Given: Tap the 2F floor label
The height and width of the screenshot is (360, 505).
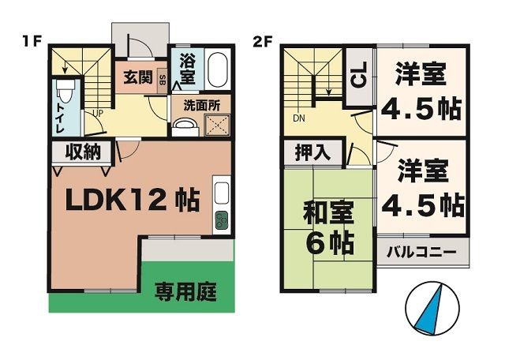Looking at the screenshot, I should pos(263,41).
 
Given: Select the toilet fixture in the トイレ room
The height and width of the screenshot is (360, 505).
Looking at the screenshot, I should pos(67,94).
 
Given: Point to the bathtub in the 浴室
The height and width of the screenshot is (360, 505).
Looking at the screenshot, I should pos(219,70).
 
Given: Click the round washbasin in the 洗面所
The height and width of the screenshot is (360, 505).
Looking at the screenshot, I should pos(185,126).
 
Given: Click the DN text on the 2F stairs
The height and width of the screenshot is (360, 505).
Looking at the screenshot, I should pos(299,118).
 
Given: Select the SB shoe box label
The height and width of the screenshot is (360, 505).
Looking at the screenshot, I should pos(162,79).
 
